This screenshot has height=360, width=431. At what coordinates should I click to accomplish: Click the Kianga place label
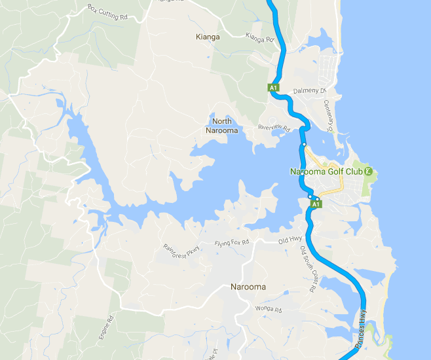tap(208, 37)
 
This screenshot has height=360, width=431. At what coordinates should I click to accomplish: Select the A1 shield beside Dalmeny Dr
tap(274, 86)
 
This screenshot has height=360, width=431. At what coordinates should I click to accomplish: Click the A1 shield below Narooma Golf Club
tap(316, 204)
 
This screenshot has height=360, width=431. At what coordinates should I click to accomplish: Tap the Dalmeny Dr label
tap(305, 91)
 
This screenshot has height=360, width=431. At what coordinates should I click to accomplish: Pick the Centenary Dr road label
tap(329, 115)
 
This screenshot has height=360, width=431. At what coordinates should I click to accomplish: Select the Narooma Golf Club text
tap(326, 172)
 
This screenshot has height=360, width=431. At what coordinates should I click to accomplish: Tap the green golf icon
tap(369, 171)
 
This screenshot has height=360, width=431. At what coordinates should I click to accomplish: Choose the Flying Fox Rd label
tap(232, 243)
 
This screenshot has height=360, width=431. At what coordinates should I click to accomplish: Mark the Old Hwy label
tap(289, 240)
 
